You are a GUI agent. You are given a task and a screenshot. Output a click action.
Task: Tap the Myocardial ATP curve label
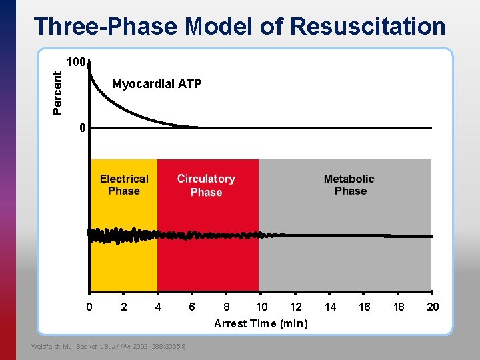[x=157, y=84]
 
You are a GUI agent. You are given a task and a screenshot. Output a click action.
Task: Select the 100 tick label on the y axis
[x=75, y=63]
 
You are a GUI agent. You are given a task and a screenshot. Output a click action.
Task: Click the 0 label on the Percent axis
[x=81, y=127]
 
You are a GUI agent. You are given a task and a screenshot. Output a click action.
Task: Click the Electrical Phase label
[x=124, y=185]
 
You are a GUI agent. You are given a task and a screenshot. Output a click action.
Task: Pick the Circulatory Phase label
[x=206, y=185]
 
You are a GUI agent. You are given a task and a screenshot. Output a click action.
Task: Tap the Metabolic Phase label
[x=349, y=185]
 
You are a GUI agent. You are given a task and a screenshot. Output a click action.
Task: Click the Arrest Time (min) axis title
[x=261, y=323]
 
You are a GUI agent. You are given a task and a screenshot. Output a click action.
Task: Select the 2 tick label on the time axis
[x=123, y=307]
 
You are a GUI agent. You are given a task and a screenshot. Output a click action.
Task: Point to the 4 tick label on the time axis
[x=158, y=307]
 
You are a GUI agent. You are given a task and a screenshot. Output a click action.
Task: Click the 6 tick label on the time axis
[x=192, y=307]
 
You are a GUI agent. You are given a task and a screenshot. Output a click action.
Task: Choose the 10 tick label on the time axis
[x=262, y=307]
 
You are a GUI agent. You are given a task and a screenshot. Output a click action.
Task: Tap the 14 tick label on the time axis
[x=331, y=307]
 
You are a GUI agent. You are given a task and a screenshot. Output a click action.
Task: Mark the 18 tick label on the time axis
[x=399, y=307]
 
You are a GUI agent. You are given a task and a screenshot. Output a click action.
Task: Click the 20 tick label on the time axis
[x=433, y=307]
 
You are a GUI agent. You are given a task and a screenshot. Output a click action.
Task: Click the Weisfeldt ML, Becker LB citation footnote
[x=109, y=346]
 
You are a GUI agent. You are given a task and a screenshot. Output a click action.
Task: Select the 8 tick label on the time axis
[x=227, y=307]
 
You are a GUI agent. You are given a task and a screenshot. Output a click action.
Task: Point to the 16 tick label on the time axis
[x=365, y=307]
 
